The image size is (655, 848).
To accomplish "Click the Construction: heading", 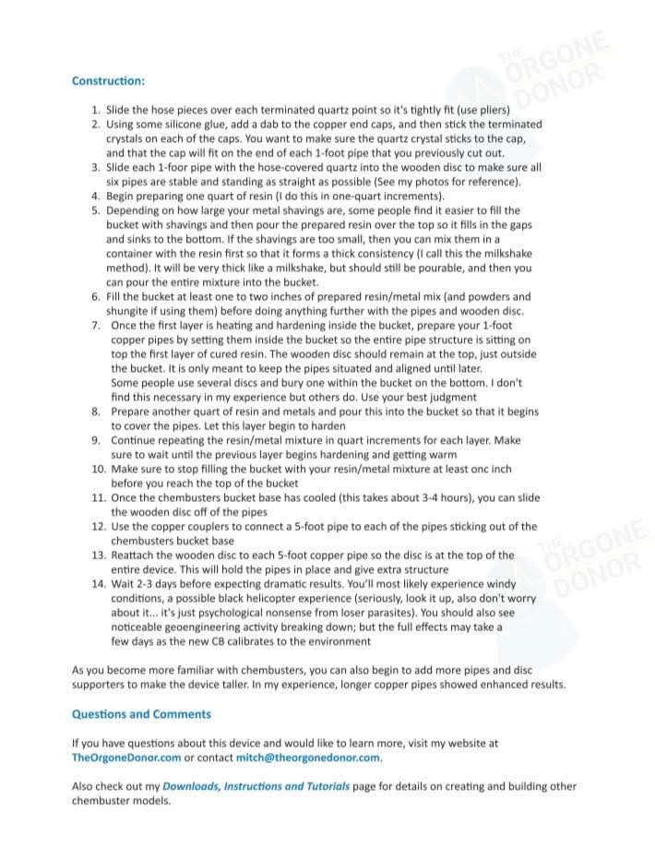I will coord(108,80).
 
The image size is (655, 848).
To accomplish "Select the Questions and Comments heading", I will coord(141,714).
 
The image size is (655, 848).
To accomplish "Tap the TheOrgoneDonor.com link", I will coord(125,758).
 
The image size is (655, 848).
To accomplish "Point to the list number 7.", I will coord(96,325).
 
